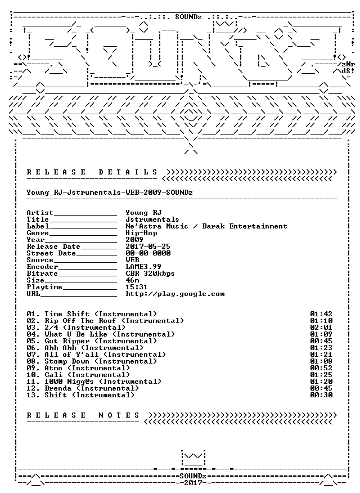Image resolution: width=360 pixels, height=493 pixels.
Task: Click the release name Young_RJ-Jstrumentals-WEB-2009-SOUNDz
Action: pos(110,192)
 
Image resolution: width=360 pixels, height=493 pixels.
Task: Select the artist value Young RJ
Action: pos(143,213)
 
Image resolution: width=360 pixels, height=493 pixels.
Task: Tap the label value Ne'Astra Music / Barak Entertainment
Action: pos(206,226)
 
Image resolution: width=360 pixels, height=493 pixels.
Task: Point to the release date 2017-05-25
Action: pos(148,246)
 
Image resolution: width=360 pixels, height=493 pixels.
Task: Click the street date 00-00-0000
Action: pos(148,253)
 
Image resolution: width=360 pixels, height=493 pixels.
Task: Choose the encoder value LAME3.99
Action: pos(143,267)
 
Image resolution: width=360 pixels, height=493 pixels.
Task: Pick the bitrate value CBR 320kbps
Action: pos(150,274)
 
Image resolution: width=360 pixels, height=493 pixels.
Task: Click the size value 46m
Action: pos(132,280)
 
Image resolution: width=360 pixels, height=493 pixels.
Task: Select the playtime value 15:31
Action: pos(137,287)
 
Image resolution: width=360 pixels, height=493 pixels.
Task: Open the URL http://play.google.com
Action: pos(175,294)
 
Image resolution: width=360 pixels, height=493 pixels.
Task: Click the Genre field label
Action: pos(38,233)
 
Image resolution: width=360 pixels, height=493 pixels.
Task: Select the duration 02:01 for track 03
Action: pos(321,328)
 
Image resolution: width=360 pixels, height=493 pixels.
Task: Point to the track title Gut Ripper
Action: pos(67,341)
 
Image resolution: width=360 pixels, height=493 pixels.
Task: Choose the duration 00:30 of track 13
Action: pos(321,395)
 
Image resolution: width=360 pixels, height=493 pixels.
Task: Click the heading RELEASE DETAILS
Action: pos(92,172)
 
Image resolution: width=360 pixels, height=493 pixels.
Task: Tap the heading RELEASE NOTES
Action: pos(83,415)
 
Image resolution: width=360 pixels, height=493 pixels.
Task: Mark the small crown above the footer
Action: pos(193,458)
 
